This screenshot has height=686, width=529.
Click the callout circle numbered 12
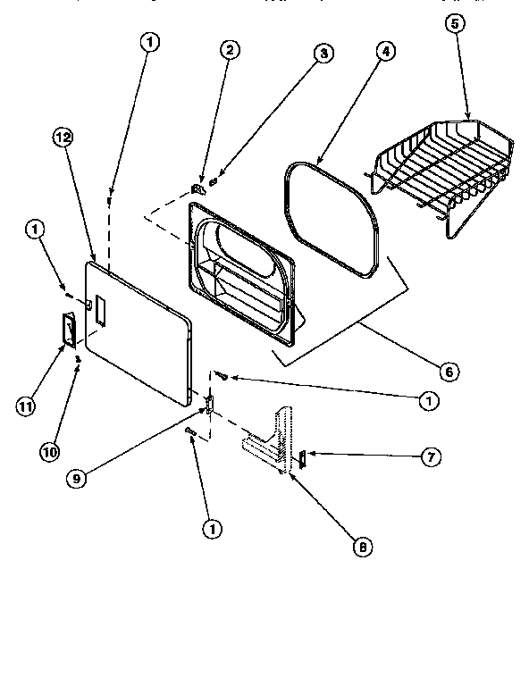[x=62, y=138]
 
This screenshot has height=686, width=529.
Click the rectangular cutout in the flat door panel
[x=99, y=310]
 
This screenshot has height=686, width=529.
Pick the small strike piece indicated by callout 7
[x=302, y=459]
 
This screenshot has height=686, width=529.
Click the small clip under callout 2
[x=199, y=188]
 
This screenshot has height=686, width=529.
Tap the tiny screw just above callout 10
[x=79, y=360]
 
